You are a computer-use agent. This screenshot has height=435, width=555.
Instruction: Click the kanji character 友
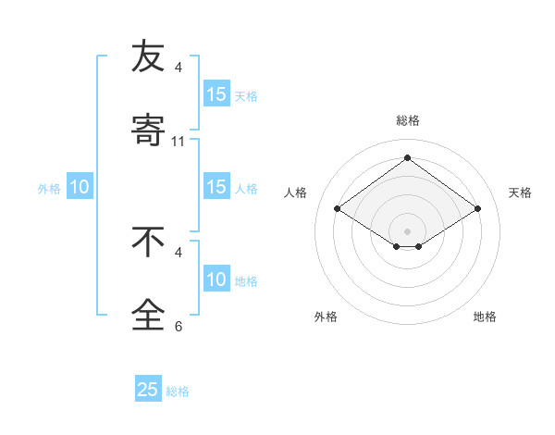(x=148, y=57)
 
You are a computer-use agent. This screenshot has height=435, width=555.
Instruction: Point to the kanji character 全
(x=148, y=314)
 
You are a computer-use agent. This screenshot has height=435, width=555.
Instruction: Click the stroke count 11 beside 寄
(x=179, y=142)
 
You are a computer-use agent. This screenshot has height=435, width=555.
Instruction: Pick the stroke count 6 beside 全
(x=179, y=327)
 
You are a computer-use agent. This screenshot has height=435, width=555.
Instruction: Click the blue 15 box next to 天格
(x=216, y=94)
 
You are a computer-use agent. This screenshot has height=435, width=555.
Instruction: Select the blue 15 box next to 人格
(x=216, y=187)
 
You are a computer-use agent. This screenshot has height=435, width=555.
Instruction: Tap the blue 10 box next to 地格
(x=216, y=280)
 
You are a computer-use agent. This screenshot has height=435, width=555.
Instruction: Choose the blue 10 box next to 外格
(x=80, y=187)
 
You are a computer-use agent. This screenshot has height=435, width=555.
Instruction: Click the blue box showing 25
(x=148, y=390)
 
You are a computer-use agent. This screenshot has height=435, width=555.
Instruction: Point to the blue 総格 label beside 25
(x=178, y=391)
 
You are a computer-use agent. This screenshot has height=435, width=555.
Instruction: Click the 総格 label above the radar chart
(x=407, y=120)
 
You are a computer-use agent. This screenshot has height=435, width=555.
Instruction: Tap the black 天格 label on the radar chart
(x=520, y=193)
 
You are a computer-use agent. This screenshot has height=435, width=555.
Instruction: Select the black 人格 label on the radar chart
(x=296, y=193)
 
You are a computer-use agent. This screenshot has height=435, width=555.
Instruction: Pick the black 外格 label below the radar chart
(x=326, y=317)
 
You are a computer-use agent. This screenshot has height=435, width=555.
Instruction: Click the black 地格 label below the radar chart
(x=485, y=317)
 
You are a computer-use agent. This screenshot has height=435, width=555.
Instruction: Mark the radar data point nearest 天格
(x=477, y=209)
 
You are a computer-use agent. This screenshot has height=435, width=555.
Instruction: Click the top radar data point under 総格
(x=407, y=158)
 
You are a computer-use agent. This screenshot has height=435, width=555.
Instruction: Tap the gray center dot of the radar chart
(x=407, y=230)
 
